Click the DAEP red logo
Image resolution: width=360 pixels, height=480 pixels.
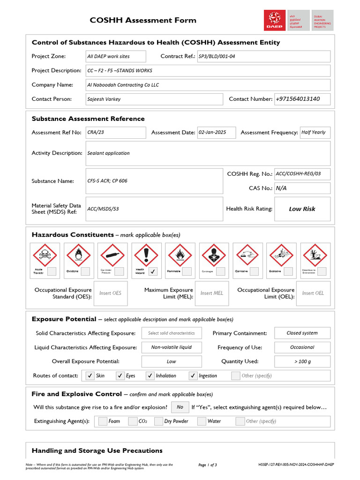pos(275,21)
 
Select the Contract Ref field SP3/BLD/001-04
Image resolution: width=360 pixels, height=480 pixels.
pos(263,56)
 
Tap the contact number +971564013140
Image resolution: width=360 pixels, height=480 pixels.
pos(302,99)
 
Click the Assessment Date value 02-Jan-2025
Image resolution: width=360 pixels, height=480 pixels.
pos(216,133)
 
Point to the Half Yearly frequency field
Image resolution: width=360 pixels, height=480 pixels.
pos(315,133)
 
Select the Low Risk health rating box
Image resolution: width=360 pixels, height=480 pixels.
pos(302,209)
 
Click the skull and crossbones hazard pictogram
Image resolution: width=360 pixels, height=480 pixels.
pos(45,255)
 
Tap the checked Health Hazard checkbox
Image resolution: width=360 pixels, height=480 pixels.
pos(153,271)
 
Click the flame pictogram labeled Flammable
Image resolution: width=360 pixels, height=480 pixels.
pos(180,255)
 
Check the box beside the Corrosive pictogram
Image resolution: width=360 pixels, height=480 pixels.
pos(254,271)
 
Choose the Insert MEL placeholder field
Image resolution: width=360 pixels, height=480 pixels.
pos(212,293)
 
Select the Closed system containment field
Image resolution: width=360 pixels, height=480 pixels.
pos(302,333)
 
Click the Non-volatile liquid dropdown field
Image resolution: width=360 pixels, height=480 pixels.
pos(171,347)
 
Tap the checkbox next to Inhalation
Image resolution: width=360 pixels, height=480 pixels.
pos(150,375)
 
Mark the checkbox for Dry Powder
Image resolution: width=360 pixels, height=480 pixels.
pos(158,421)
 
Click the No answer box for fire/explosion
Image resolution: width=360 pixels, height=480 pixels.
pos(180,407)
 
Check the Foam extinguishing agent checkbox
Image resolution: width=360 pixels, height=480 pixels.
pos(103,421)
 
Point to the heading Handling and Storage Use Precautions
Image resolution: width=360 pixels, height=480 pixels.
pos(97,451)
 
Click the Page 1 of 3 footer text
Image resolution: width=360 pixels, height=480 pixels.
pos(208,465)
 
